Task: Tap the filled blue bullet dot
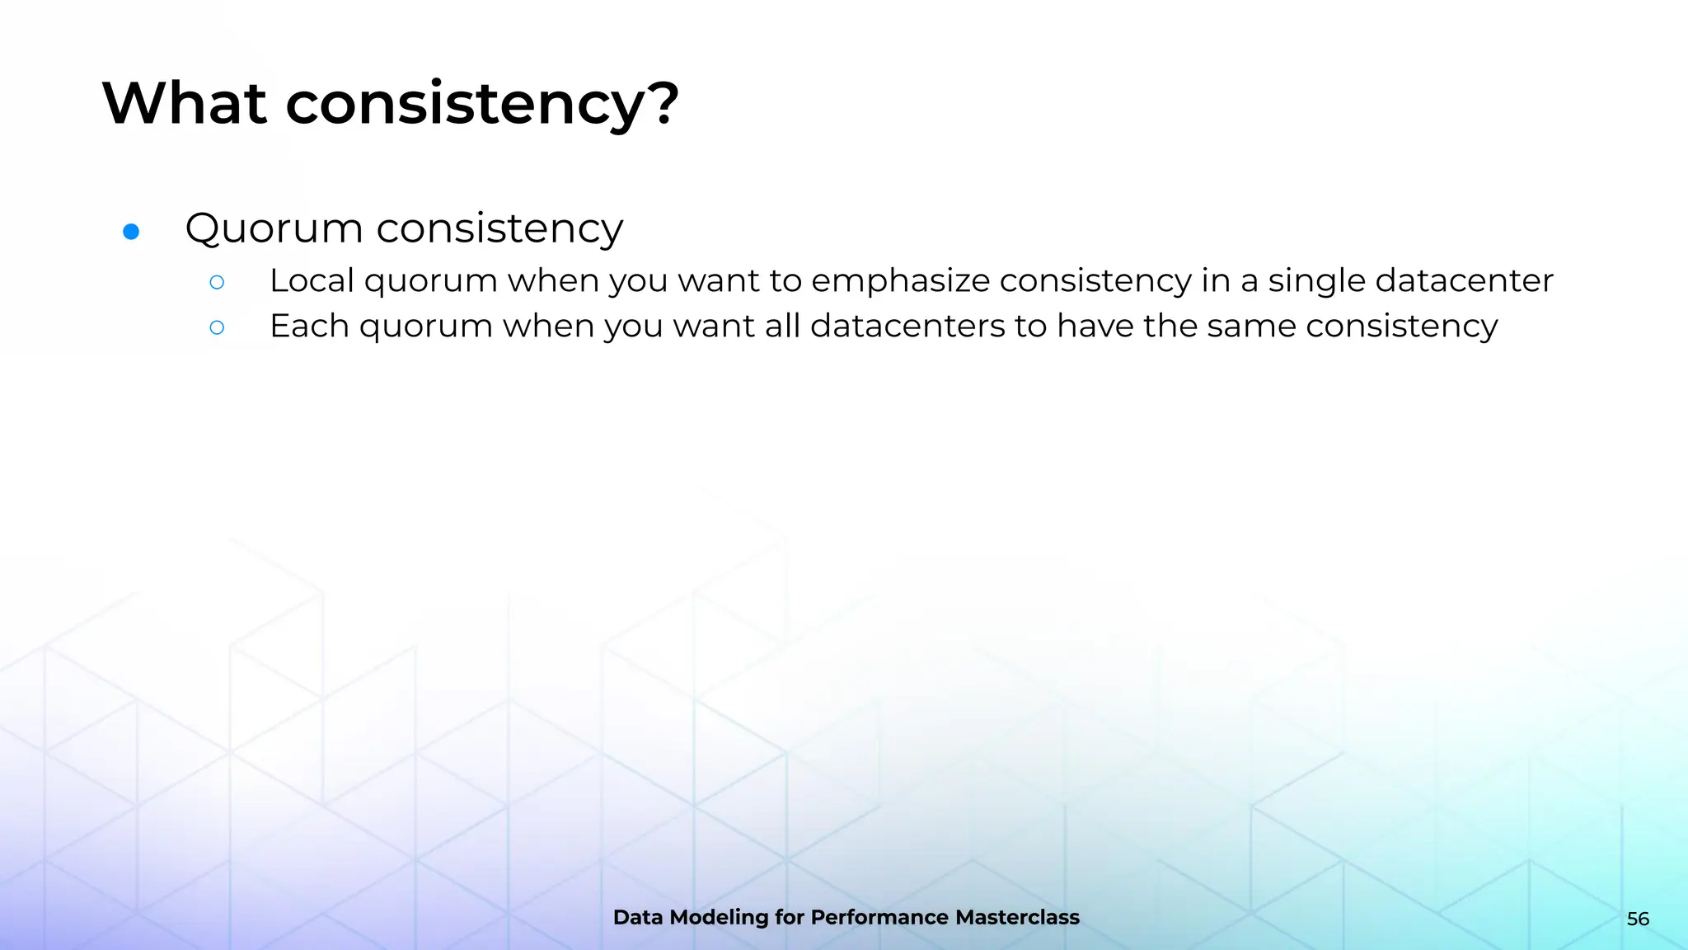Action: (131, 232)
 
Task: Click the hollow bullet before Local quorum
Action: (217, 283)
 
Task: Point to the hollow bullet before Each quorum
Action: (217, 328)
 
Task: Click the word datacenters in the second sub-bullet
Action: (907, 326)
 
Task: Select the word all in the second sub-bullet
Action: (782, 326)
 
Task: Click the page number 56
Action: (1638, 919)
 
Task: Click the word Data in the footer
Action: (638, 918)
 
